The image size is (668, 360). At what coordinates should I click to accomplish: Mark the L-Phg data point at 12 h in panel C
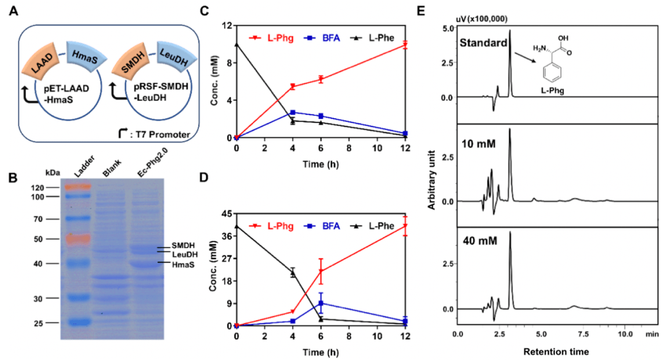[x=405, y=45]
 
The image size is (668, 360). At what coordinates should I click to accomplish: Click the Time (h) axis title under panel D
[x=320, y=351]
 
